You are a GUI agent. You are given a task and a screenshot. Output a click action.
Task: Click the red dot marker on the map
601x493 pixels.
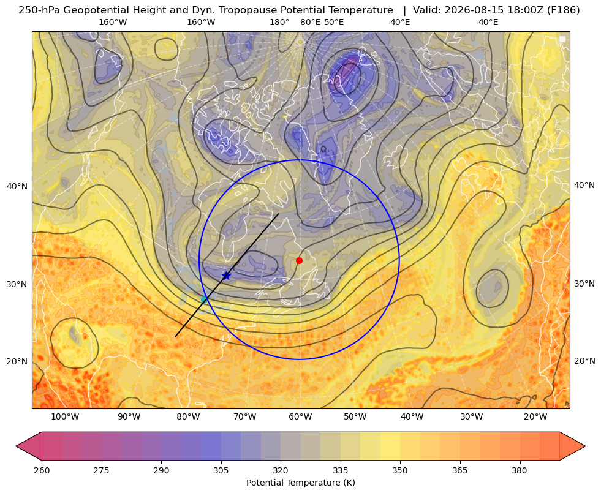300,260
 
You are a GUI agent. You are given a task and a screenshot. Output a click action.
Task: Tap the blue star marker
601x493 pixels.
227,276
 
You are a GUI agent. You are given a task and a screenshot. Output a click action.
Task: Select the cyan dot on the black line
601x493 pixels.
204,299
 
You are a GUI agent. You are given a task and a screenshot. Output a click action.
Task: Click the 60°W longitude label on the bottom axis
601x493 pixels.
300,417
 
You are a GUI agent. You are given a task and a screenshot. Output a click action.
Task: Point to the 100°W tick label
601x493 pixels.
65,417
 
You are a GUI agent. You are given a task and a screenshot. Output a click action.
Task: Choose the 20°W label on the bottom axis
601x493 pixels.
535,417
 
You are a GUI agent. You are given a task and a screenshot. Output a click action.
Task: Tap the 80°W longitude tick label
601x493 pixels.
188,417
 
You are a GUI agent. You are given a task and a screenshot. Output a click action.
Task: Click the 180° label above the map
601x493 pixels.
279,22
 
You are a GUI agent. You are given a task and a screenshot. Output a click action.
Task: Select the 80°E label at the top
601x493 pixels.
311,22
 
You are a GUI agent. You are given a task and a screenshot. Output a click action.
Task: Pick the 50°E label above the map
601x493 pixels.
334,22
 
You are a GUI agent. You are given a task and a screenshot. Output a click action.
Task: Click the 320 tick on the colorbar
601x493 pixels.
281,470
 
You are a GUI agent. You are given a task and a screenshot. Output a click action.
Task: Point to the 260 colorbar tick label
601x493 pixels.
42,470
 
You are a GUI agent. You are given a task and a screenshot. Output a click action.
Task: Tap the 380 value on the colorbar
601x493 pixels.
520,470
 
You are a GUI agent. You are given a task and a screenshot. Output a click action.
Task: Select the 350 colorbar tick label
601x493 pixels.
400,470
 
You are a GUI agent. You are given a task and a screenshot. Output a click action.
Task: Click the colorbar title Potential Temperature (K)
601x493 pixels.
300,483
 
